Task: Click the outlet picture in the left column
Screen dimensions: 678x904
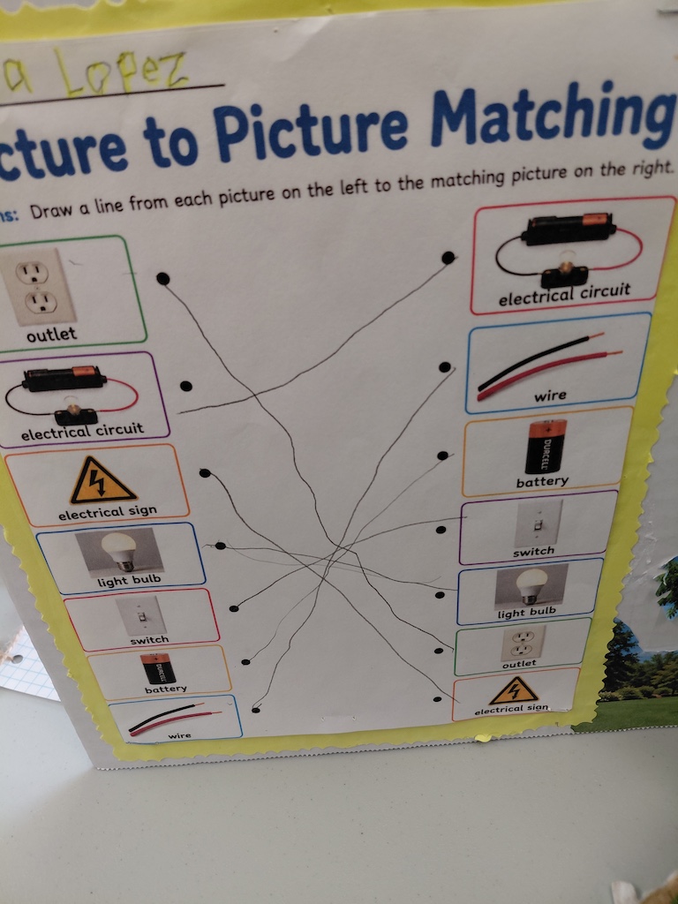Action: click(36, 287)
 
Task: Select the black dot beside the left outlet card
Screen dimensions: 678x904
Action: click(163, 279)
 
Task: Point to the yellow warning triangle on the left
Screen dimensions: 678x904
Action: click(102, 481)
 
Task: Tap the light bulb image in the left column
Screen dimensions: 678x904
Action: click(119, 551)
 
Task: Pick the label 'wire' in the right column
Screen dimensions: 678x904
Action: click(550, 396)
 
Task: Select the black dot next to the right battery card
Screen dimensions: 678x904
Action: click(442, 456)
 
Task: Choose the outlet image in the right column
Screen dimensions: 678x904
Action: click(523, 643)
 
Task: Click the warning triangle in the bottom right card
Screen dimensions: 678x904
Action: click(514, 690)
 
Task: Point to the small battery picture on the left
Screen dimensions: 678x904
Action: click(158, 669)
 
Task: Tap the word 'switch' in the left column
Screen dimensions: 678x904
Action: click(149, 640)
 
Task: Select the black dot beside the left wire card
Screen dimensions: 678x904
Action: click(256, 709)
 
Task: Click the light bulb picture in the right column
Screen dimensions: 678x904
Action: click(531, 586)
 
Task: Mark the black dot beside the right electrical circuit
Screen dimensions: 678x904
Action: click(448, 258)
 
